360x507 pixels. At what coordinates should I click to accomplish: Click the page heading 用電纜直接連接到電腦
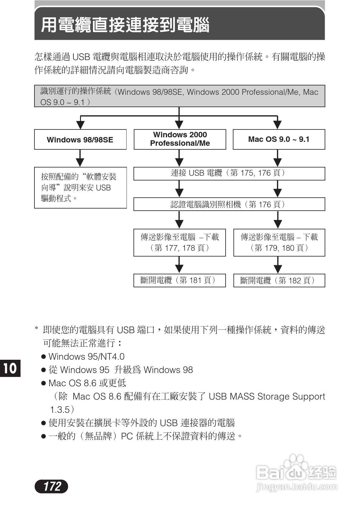tap(125, 25)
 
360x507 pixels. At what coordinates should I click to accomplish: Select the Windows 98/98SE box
tap(80, 139)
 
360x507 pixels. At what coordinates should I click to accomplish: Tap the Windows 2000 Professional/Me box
tap(180, 139)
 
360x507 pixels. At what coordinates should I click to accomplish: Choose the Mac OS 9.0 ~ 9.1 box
tap(279, 139)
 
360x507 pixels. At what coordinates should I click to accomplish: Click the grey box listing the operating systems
tap(179, 96)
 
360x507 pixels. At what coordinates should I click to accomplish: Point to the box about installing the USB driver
tap(80, 187)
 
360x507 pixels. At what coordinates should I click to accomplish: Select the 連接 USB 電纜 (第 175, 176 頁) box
tap(229, 174)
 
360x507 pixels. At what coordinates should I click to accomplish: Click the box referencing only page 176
tap(229, 204)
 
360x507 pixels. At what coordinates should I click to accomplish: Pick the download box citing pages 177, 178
tap(179, 243)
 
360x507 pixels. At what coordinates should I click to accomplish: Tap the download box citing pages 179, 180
tap(279, 243)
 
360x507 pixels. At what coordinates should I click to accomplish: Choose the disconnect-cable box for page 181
tap(179, 280)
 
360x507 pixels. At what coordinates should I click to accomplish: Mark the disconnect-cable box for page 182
tap(279, 280)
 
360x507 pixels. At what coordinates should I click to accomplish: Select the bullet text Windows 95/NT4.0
tap(86, 357)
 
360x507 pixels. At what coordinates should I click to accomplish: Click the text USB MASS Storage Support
tap(267, 396)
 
